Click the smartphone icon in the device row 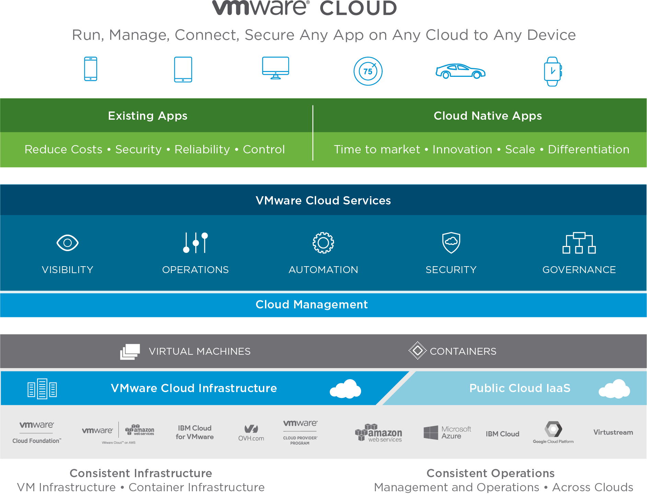point(91,69)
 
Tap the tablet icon point(183,70)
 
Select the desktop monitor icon point(275,68)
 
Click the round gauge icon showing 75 point(368,71)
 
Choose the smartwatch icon point(553,71)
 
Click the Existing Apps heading point(148,116)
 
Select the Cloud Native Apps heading point(487,116)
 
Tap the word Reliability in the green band point(202,150)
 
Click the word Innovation point(462,150)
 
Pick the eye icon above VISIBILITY point(67,243)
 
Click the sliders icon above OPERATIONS point(195,243)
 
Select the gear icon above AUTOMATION point(323,243)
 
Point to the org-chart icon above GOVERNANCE point(579,243)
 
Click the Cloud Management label point(312,305)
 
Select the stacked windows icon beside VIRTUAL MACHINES point(130,352)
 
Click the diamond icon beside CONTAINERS point(417,351)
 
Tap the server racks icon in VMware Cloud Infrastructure point(42,389)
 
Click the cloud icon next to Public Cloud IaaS point(614,389)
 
